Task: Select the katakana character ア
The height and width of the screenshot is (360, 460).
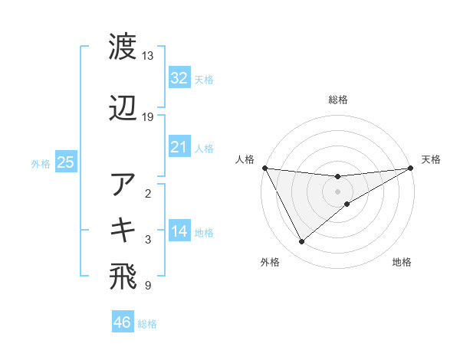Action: pyautogui.click(x=123, y=185)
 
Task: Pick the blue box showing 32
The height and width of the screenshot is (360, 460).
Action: pyautogui.click(x=179, y=78)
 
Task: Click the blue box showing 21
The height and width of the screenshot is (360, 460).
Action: pyautogui.click(x=179, y=147)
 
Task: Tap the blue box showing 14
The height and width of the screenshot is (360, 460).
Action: pyautogui.click(x=179, y=231)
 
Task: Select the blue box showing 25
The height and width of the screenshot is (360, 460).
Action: pyautogui.click(x=65, y=162)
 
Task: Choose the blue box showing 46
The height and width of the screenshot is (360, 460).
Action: pyautogui.click(x=123, y=322)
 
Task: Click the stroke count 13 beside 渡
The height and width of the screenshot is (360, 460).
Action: pyautogui.click(x=148, y=56)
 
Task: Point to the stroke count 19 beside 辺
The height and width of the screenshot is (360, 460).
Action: pyautogui.click(x=148, y=117)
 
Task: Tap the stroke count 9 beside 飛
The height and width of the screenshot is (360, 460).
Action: pyautogui.click(x=147, y=286)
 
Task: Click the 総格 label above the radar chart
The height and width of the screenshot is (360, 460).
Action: pyautogui.click(x=338, y=100)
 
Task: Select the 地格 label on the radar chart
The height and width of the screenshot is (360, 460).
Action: pyautogui.click(x=402, y=263)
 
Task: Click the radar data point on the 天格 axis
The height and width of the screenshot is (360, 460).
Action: pyautogui.click(x=411, y=168)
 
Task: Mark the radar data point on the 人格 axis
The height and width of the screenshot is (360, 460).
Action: pyautogui.click(x=264, y=168)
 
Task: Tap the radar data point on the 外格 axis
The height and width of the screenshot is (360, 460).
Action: pyautogui.click(x=301, y=242)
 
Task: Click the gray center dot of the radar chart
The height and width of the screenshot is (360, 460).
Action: pyautogui.click(x=338, y=191)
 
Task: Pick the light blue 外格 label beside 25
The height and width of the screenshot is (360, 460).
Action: pyautogui.click(x=41, y=163)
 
